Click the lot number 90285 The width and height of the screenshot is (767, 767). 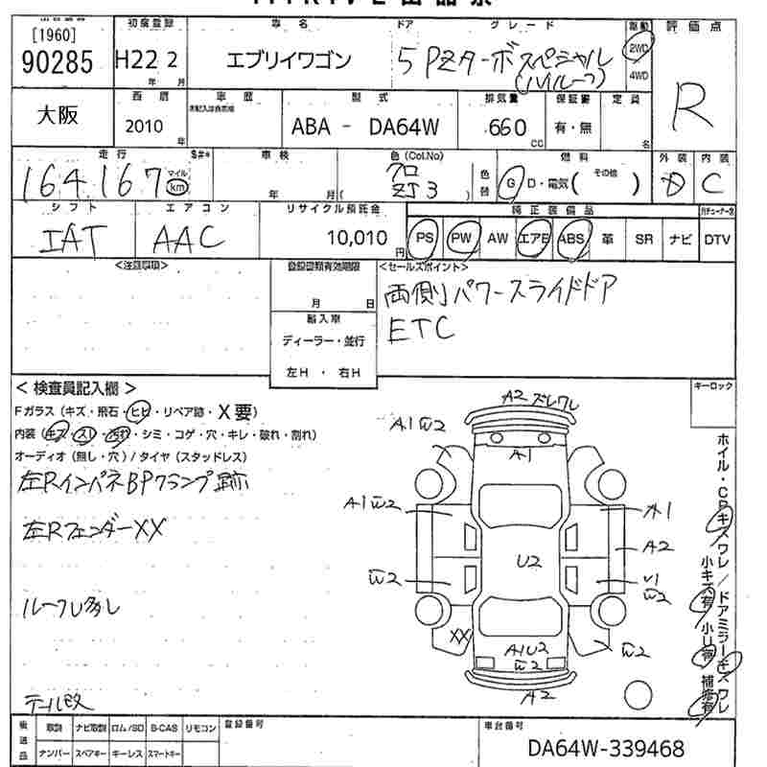click(x=55, y=62)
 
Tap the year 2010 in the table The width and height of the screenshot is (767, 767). click(x=144, y=126)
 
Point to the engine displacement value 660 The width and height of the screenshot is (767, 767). click(x=507, y=128)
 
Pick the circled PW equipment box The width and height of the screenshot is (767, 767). click(x=460, y=238)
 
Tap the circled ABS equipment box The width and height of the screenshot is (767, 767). click(x=571, y=238)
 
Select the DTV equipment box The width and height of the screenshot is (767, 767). click(x=716, y=239)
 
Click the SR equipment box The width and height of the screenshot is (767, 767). click(x=643, y=239)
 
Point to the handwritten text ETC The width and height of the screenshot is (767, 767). click(x=422, y=331)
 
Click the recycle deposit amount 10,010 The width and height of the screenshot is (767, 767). click(x=356, y=237)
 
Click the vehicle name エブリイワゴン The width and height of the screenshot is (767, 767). click(x=288, y=61)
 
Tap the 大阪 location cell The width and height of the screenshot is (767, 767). click(x=58, y=115)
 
